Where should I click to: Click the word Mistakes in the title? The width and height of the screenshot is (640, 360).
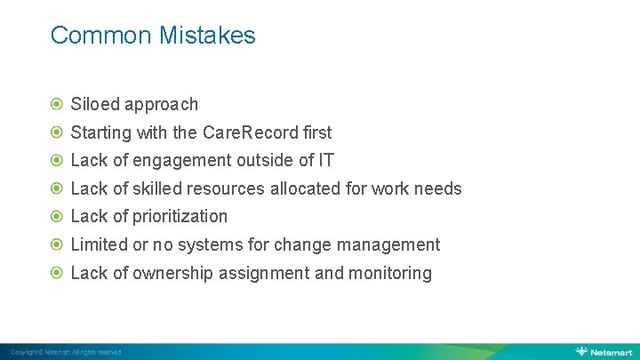207,36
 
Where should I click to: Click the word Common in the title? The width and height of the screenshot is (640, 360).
101,36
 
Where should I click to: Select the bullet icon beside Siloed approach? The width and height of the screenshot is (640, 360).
58,104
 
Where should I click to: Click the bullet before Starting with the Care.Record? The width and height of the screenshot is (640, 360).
58,132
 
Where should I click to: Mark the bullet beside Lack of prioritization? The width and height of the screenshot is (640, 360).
58,216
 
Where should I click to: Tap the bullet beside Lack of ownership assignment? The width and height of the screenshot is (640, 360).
58,273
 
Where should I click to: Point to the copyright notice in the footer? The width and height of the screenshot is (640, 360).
66,352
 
